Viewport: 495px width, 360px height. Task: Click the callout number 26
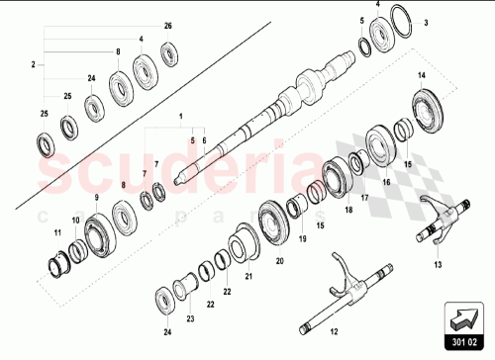[166, 24]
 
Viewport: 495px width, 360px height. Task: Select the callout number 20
[279, 261]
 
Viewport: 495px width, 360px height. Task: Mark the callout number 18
[348, 211]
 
